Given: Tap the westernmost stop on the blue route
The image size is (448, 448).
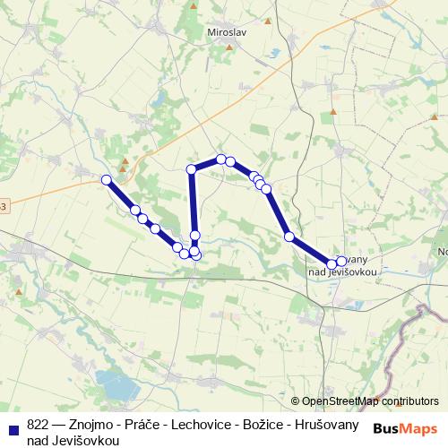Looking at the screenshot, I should [107, 180].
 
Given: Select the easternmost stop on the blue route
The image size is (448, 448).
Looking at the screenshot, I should [341, 262].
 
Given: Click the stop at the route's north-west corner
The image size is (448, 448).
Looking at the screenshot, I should [191, 169].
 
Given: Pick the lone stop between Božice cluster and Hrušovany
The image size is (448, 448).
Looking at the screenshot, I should [289, 237].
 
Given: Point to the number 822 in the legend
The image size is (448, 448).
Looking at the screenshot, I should [38, 426].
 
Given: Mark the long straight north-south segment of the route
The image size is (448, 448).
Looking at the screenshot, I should [193, 206].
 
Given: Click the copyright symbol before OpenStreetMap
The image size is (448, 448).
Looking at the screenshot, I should [296, 401].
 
